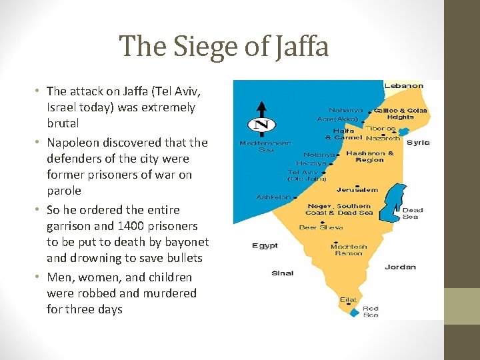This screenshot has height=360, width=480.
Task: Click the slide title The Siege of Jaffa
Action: [x=224, y=47]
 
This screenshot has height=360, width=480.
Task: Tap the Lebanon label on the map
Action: [x=404, y=85]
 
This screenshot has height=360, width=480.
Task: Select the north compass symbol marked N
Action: [x=261, y=123]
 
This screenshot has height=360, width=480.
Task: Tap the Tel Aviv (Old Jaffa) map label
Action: [x=307, y=175]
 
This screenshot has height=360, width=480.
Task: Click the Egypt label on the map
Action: [x=265, y=246]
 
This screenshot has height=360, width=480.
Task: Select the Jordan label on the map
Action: [x=400, y=267]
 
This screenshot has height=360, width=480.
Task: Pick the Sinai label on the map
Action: [x=282, y=273]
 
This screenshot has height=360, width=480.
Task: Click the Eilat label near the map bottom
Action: [x=348, y=300]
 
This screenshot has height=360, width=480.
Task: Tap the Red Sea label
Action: [x=371, y=311]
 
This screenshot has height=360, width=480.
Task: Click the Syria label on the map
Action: [x=418, y=143]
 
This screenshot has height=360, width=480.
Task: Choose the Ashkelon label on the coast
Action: [x=273, y=197]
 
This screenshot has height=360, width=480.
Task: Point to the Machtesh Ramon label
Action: [x=348, y=250]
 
